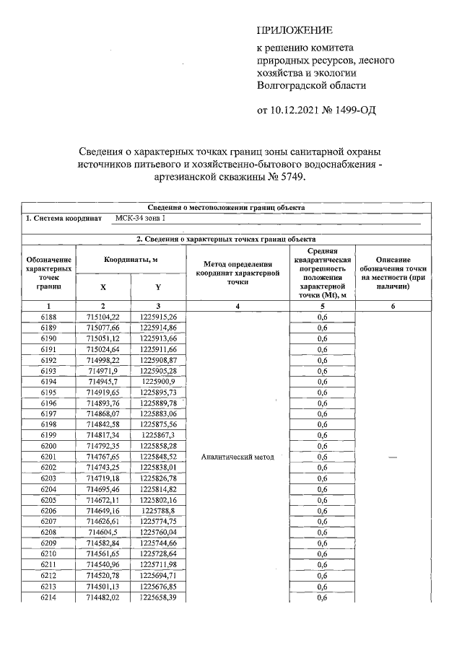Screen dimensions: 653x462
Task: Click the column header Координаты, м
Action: coord(131,259)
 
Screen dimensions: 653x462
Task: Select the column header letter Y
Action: coord(159,286)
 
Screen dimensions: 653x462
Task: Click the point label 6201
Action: coord(48,457)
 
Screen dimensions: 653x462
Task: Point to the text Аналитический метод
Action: coord(237,457)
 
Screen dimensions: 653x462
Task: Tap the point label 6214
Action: coord(48,597)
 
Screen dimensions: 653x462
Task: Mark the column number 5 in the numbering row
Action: coord(323,306)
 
